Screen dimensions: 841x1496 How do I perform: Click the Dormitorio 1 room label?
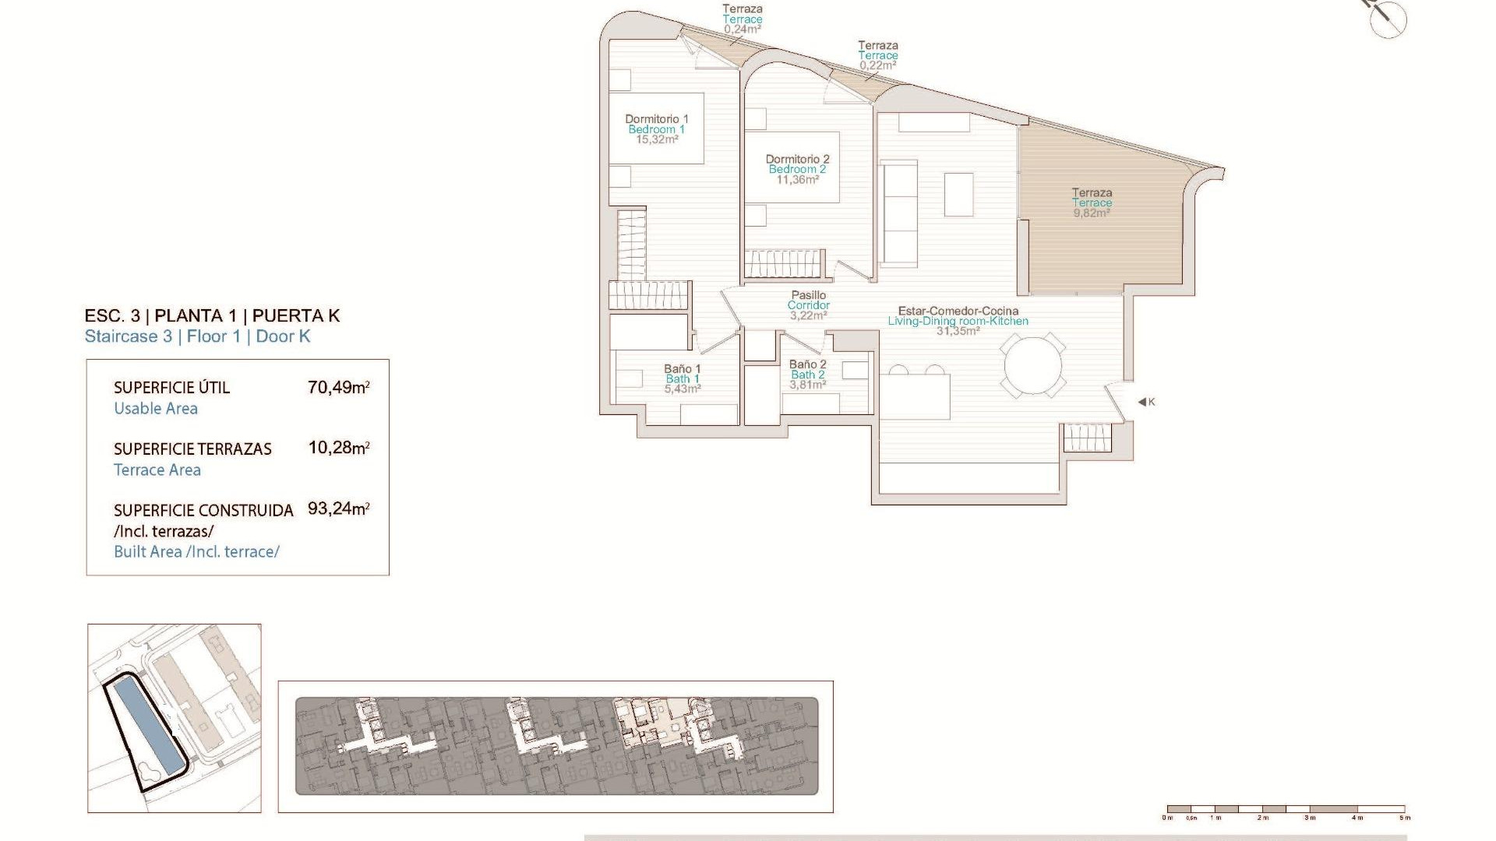pyautogui.click(x=656, y=119)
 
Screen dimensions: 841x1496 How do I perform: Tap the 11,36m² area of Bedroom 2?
pyautogui.click(x=797, y=180)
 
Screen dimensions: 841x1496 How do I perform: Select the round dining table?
pyautogui.click(x=1032, y=365)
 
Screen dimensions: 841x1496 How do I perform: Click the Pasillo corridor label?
pyautogui.click(x=808, y=295)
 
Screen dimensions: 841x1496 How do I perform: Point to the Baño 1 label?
pyautogui.click(x=682, y=369)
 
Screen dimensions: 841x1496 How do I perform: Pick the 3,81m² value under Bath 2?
pyautogui.click(x=807, y=385)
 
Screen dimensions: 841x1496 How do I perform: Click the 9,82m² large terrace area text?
pyautogui.click(x=1091, y=213)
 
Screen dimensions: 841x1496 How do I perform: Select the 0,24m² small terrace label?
pyautogui.click(x=742, y=30)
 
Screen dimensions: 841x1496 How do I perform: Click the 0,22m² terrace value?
pyautogui.click(x=877, y=65)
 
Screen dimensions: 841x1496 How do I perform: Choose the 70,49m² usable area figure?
pyautogui.click(x=338, y=387)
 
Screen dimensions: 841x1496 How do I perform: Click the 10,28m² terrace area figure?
pyautogui.click(x=338, y=448)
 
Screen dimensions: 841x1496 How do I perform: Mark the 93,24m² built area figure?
pyautogui.click(x=338, y=508)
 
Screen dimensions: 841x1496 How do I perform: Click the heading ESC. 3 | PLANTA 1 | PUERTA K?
pyautogui.click(x=212, y=315)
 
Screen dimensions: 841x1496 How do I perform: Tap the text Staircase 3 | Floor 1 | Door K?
pyautogui.click(x=197, y=336)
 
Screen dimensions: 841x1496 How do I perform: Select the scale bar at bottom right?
pyautogui.click(x=1286, y=809)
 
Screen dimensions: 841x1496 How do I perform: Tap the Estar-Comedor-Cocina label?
pyautogui.click(x=958, y=311)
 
